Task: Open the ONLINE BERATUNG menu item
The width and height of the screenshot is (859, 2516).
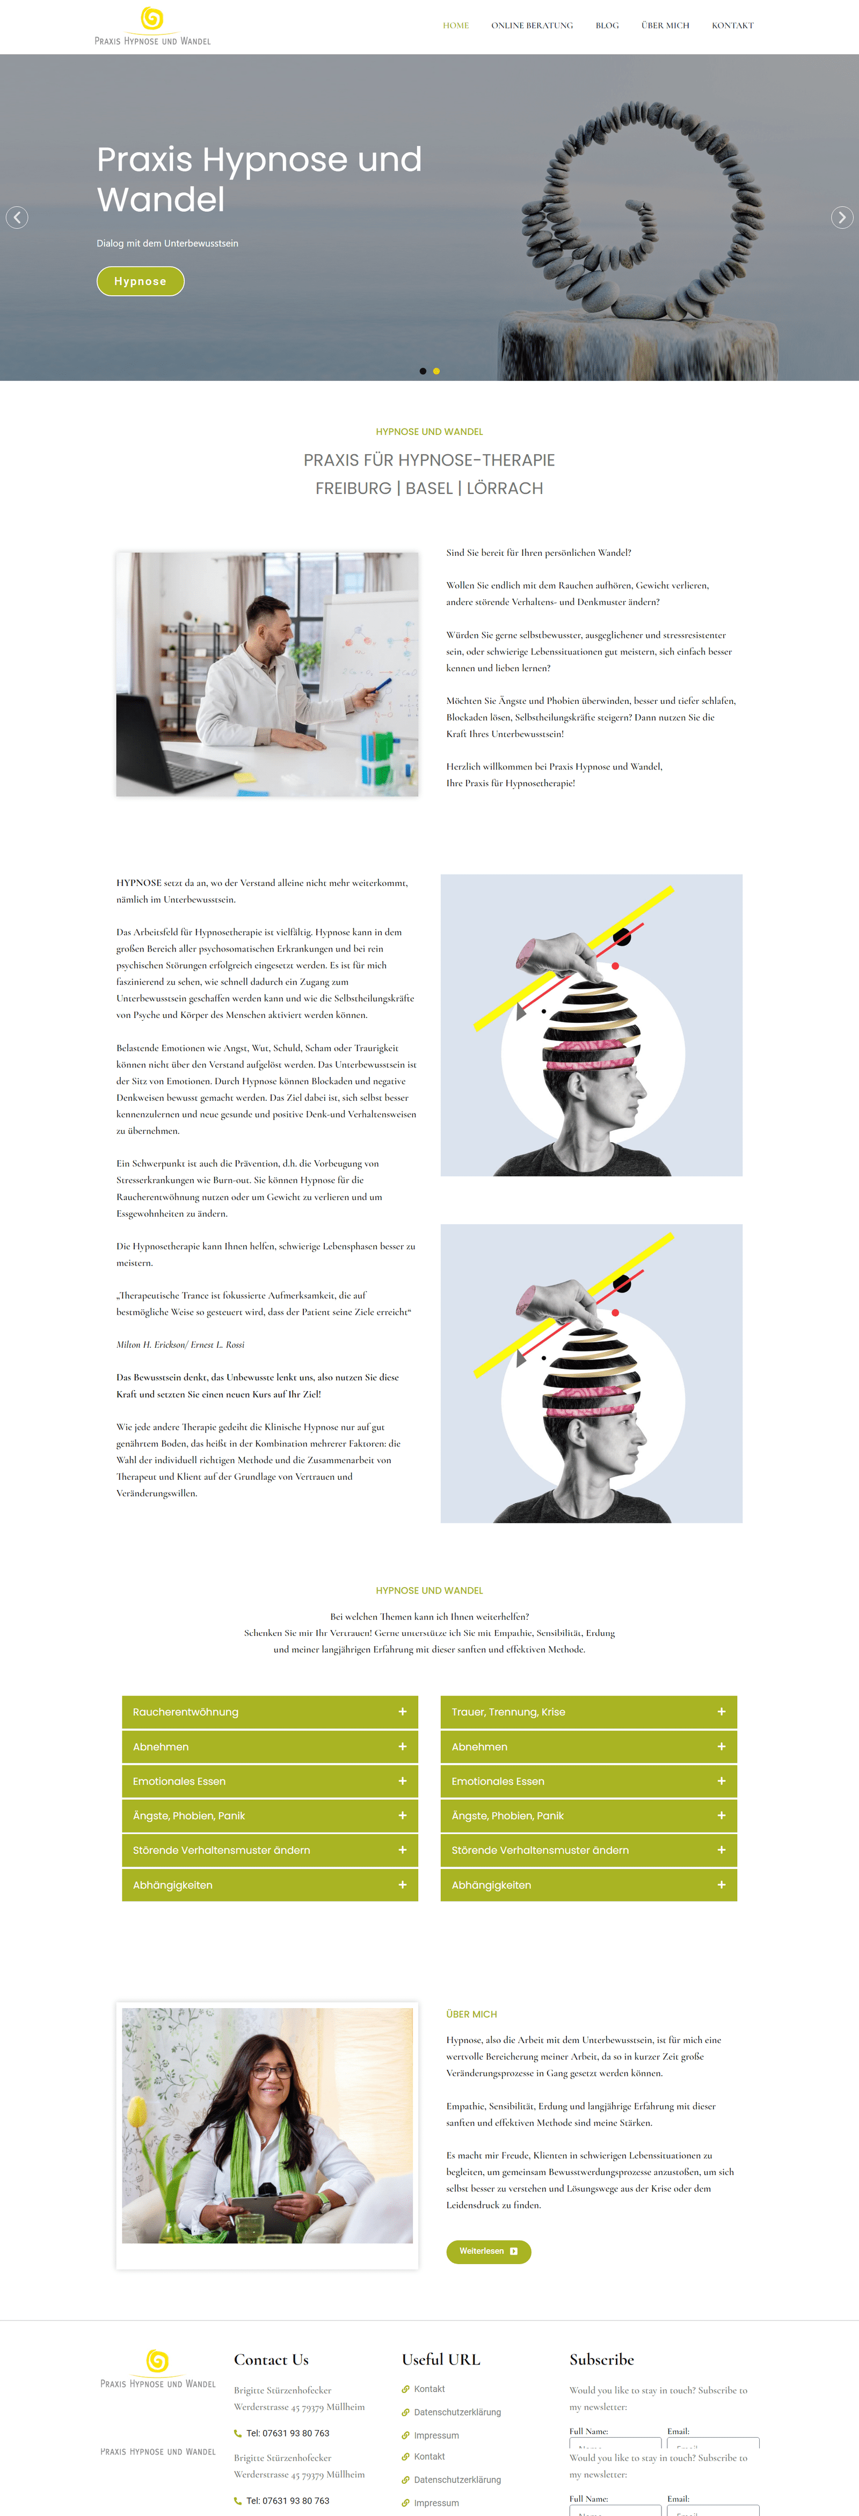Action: [x=532, y=25]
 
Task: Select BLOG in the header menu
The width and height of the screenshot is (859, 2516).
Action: [x=607, y=25]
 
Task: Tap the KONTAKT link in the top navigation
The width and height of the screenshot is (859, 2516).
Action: [x=732, y=25]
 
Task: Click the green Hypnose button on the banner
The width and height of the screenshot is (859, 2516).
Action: [x=141, y=281]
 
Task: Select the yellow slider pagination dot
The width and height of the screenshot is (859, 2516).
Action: [x=436, y=371]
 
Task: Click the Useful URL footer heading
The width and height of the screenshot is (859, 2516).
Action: [x=441, y=2359]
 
